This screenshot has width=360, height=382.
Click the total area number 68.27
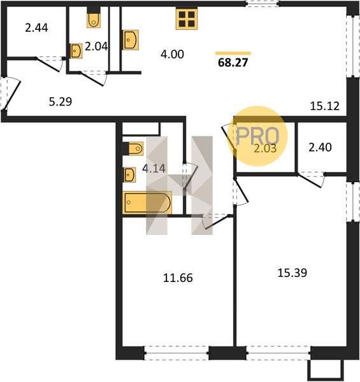click(233, 62)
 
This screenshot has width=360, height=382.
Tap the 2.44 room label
click(36, 28)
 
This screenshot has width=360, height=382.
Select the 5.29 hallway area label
click(61, 102)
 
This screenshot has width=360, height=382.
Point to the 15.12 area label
click(325, 106)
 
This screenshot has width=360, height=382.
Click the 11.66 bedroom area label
click(178, 278)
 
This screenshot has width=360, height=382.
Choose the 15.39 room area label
click(292, 273)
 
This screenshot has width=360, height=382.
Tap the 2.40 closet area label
click(320, 148)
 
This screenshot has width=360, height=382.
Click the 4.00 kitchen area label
click(172, 54)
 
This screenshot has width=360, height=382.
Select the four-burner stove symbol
click(187, 19)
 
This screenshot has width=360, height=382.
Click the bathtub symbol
click(147, 203)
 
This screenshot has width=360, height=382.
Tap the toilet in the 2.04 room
click(94, 19)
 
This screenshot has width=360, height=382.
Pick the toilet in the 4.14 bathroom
click(135, 148)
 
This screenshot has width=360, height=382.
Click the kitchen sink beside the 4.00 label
click(131, 40)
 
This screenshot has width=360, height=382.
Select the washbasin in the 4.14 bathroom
click(130, 175)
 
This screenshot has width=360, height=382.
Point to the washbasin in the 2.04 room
click(76, 51)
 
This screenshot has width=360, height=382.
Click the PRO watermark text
click(257, 136)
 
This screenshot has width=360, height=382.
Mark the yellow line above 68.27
click(233, 53)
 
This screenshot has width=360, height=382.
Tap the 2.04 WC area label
click(96, 46)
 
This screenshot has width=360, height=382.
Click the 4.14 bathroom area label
click(154, 169)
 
